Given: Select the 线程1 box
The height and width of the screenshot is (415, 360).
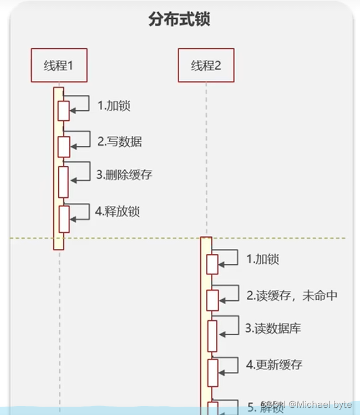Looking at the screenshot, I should [x=59, y=65].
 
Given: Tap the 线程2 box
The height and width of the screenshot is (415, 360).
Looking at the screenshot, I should [x=206, y=65].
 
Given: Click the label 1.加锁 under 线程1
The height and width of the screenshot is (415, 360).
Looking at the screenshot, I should [x=114, y=105].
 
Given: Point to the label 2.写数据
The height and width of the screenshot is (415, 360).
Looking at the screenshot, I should [x=119, y=141].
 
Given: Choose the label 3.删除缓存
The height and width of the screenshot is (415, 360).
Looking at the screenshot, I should [x=124, y=175].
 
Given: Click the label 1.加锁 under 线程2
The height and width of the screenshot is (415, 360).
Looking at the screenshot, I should [x=262, y=259].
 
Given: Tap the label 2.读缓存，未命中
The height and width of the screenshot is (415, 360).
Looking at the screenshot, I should [x=292, y=295].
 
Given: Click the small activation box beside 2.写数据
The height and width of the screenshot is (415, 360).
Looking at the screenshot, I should [x=64, y=146].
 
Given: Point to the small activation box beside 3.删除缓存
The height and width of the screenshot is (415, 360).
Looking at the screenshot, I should [x=64, y=182].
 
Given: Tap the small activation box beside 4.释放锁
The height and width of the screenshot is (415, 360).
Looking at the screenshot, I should [x=64, y=219].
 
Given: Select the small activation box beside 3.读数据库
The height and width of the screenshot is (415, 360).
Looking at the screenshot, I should [x=212, y=336].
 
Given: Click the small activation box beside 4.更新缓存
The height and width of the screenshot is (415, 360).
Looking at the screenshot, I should [x=212, y=372].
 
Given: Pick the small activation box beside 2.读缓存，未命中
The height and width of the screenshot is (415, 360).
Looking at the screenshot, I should [x=212, y=300].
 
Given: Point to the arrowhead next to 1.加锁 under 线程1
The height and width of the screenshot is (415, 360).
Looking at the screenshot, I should [x=73, y=111].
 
